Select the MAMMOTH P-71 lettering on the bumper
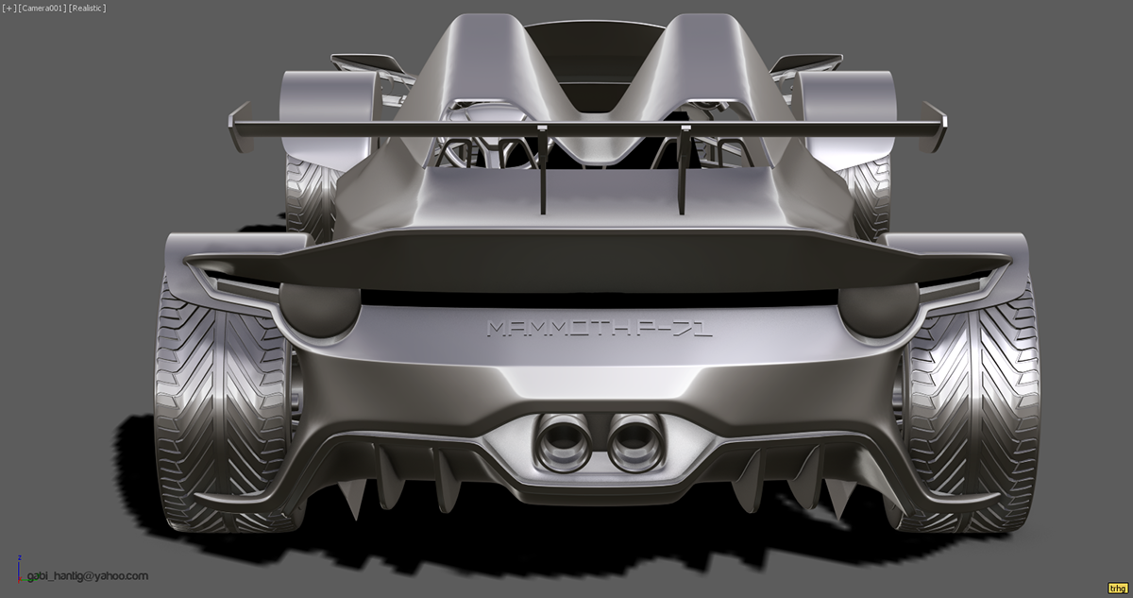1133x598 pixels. [600, 328]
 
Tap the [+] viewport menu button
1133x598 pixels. [8, 9]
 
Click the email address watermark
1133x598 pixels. [87, 575]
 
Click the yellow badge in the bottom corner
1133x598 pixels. [1117, 587]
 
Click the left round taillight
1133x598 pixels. [320, 308]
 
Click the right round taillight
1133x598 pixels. [878, 308]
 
